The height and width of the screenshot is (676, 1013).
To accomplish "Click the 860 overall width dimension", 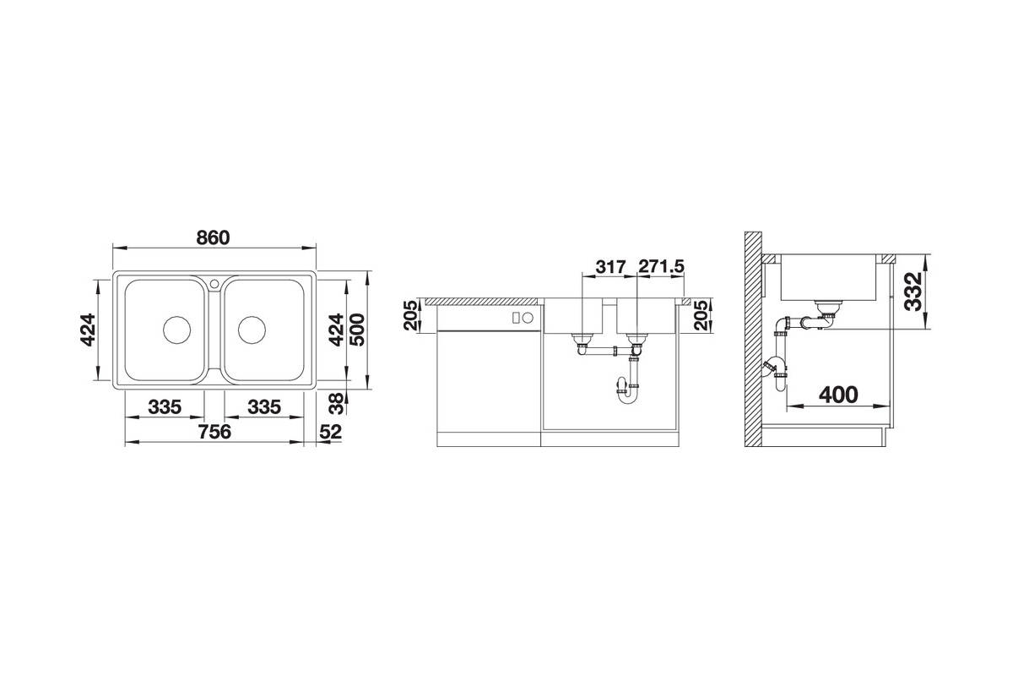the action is tap(213, 237).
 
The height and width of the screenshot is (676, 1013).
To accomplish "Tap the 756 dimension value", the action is tap(214, 432).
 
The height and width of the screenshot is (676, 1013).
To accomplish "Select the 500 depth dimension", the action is tap(358, 330).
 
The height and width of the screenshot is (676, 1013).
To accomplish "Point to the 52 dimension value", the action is tap(330, 432).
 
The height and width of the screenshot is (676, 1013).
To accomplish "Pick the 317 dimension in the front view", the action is tap(610, 267).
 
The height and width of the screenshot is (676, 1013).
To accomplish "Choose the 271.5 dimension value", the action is tap(661, 267).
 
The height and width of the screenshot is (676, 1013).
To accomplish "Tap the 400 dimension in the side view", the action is tap(838, 395).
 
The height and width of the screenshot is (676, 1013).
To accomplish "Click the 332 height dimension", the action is tap(913, 292).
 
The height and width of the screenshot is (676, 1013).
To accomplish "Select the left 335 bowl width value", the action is tap(165, 407).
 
